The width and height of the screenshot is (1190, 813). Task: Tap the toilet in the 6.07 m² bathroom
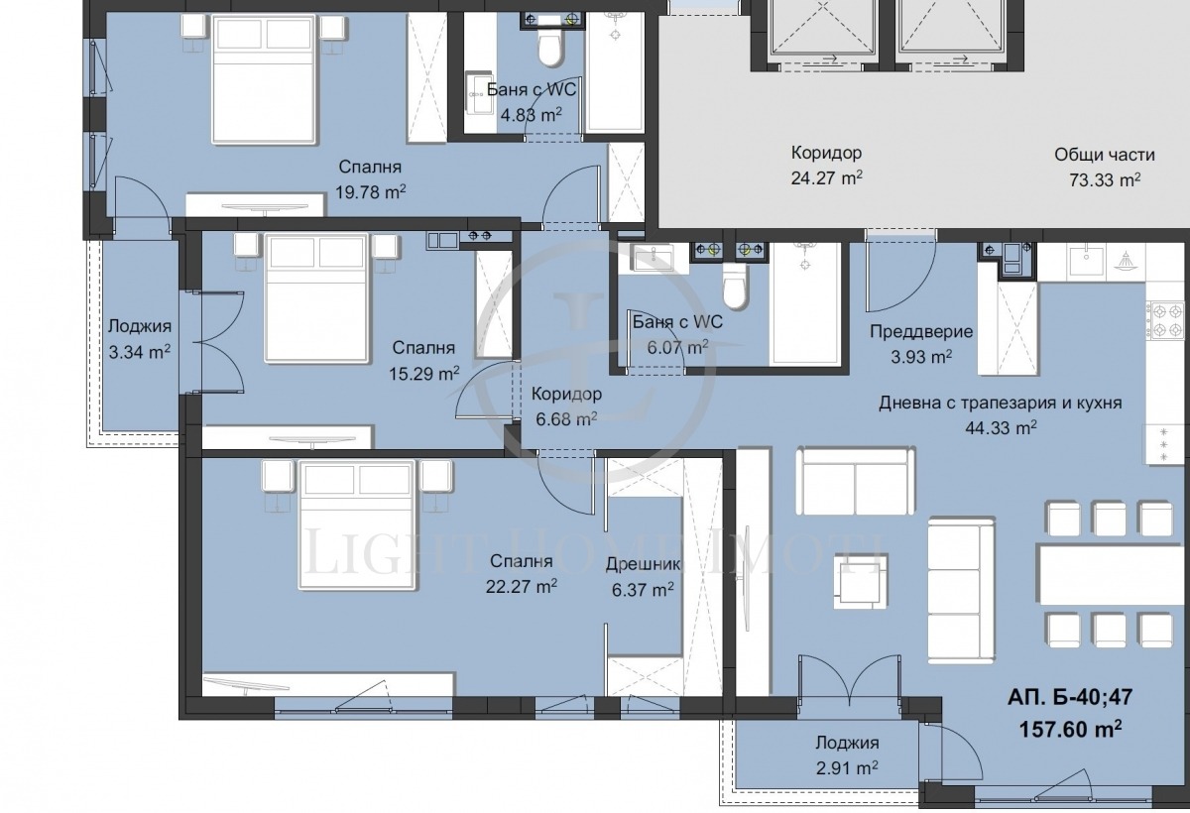click(735, 288)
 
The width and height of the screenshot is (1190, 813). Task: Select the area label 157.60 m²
click(1070, 729)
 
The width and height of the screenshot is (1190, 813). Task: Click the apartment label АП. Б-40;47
click(1070, 697)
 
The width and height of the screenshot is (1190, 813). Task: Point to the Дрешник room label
click(643, 564)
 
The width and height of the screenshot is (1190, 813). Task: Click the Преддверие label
click(921, 332)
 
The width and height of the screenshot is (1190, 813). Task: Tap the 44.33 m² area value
click(1001, 427)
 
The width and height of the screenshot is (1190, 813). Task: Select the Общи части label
click(1105, 155)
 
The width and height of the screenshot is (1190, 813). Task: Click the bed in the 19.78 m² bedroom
click(264, 78)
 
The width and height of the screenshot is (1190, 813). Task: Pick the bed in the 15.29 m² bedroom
click(316, 297)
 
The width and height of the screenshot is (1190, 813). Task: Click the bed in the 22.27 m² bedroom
click(356, 524)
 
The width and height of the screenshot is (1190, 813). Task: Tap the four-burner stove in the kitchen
click(1166, 320)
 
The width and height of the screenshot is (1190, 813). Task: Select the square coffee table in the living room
click(861, 581)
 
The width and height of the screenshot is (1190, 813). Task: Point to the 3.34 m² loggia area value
click(139, 352)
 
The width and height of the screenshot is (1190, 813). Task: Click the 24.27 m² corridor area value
click(827, 177)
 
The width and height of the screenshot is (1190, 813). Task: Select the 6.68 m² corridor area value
click(566, 419)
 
